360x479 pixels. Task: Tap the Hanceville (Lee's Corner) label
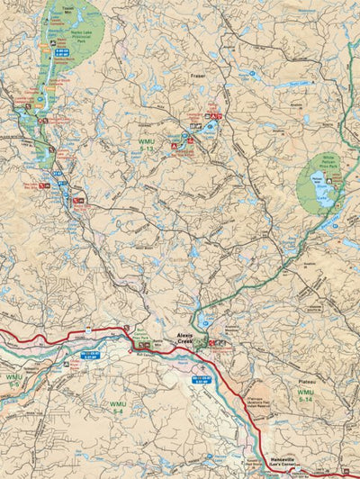tap(286, 461)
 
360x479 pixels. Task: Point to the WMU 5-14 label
tap(306, 393)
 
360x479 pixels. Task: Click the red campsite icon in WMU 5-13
tap(188, 136)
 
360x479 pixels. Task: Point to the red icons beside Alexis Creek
tap(216, 342)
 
